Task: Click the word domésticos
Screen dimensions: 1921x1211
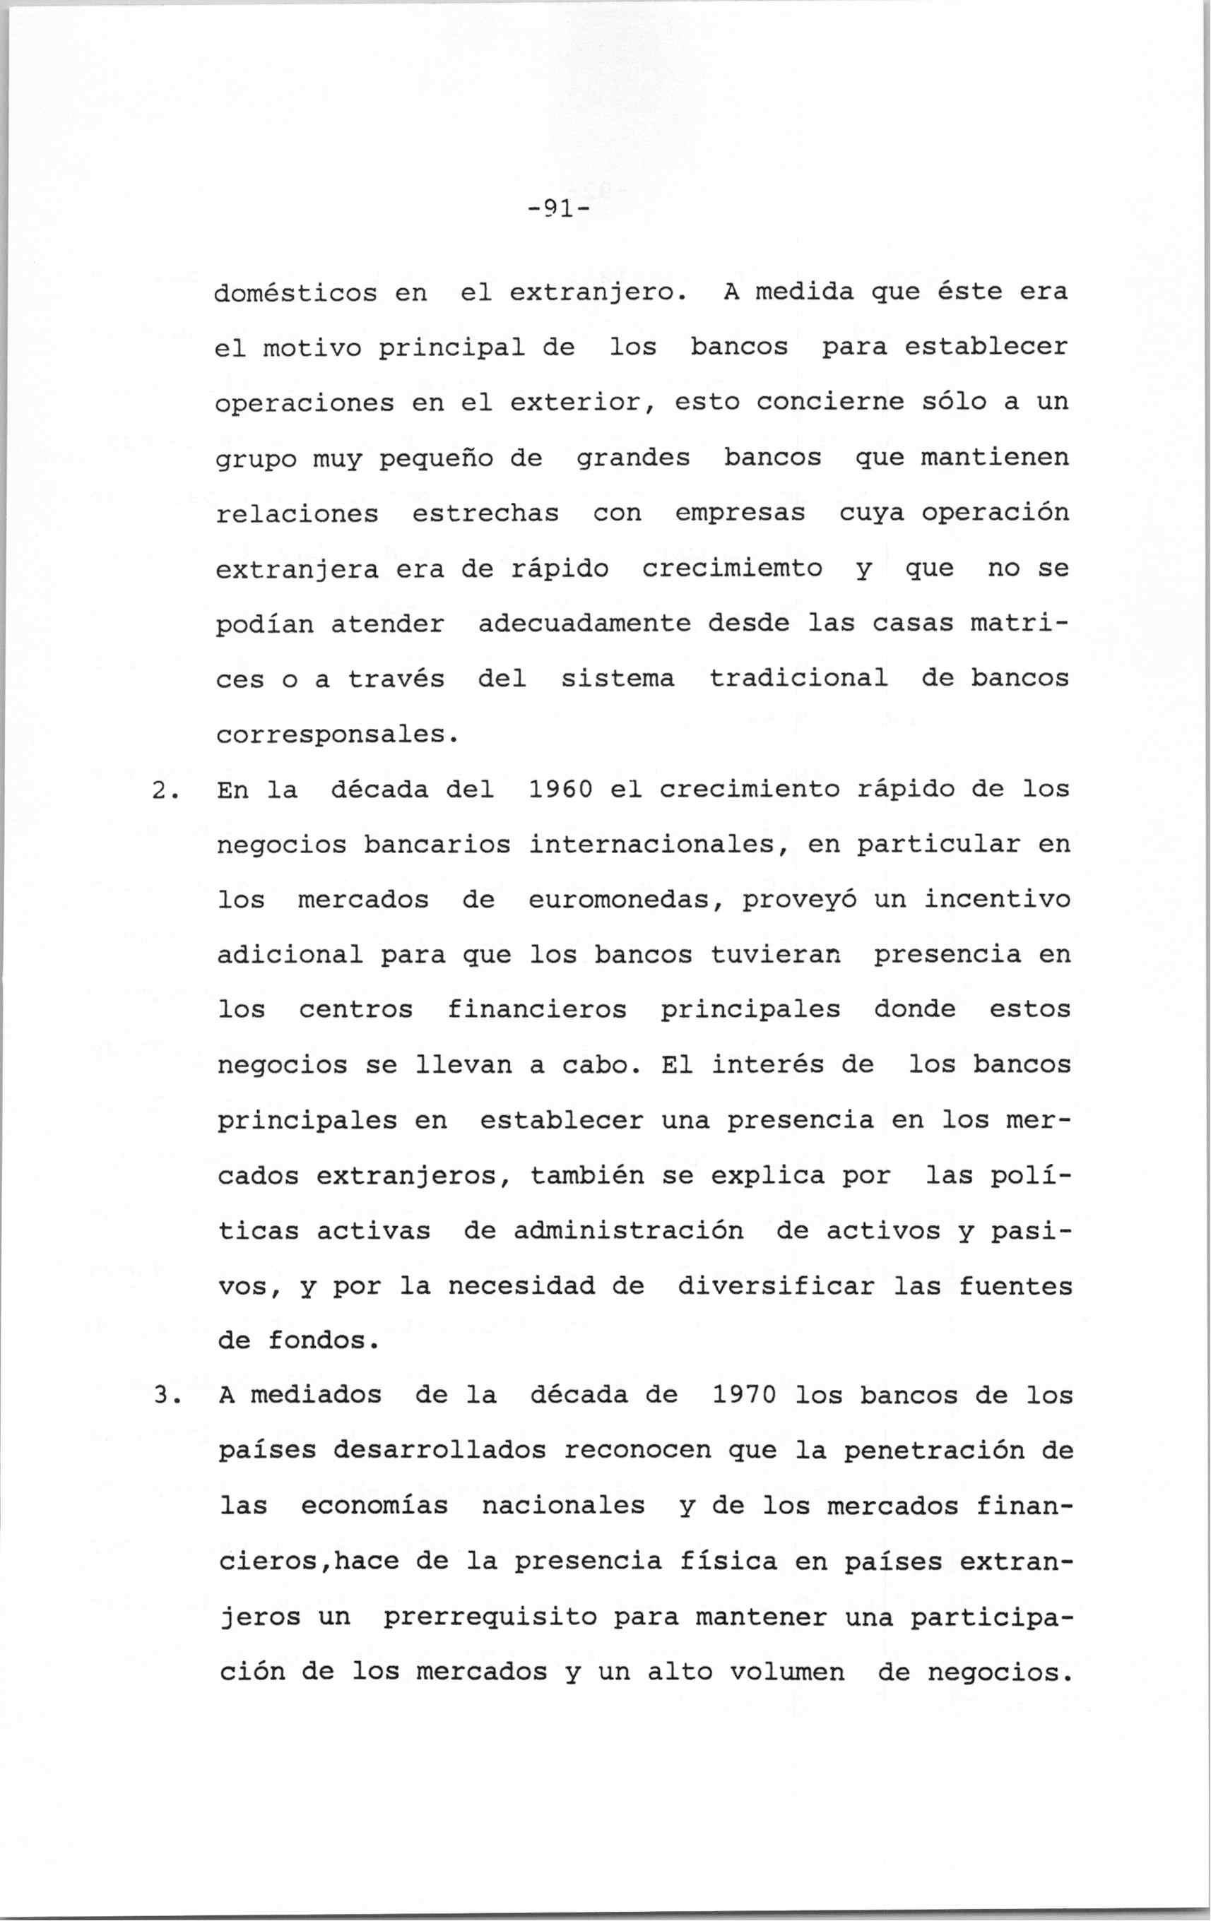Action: coord(296,293)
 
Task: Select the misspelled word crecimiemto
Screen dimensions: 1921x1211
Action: coord(732,569)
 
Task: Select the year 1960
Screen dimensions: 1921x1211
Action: coord(560,790)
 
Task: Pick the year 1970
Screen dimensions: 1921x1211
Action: coord(745,1396)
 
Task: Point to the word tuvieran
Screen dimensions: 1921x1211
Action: coord(776,955)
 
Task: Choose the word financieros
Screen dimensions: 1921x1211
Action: coord(536,1010)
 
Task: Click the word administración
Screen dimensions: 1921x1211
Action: coord(628,1231)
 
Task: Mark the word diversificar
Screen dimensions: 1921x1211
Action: coord(776,1286)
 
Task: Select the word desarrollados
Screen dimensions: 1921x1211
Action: coord(439,1451)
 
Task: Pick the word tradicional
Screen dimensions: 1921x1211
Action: coord(798,679)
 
